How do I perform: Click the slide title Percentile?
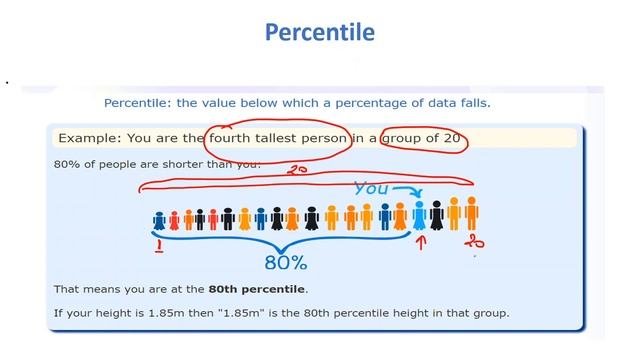click(x=320, y=32)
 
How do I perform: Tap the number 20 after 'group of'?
click(x=451, y=137)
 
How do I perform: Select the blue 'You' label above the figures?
click(x=372, y=187)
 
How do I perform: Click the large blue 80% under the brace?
click(x=285, y=263)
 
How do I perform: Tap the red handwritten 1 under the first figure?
click(x=157, y=243)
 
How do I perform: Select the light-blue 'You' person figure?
click(x=419, y=214)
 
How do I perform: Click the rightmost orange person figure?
click(x=471, y=212)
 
